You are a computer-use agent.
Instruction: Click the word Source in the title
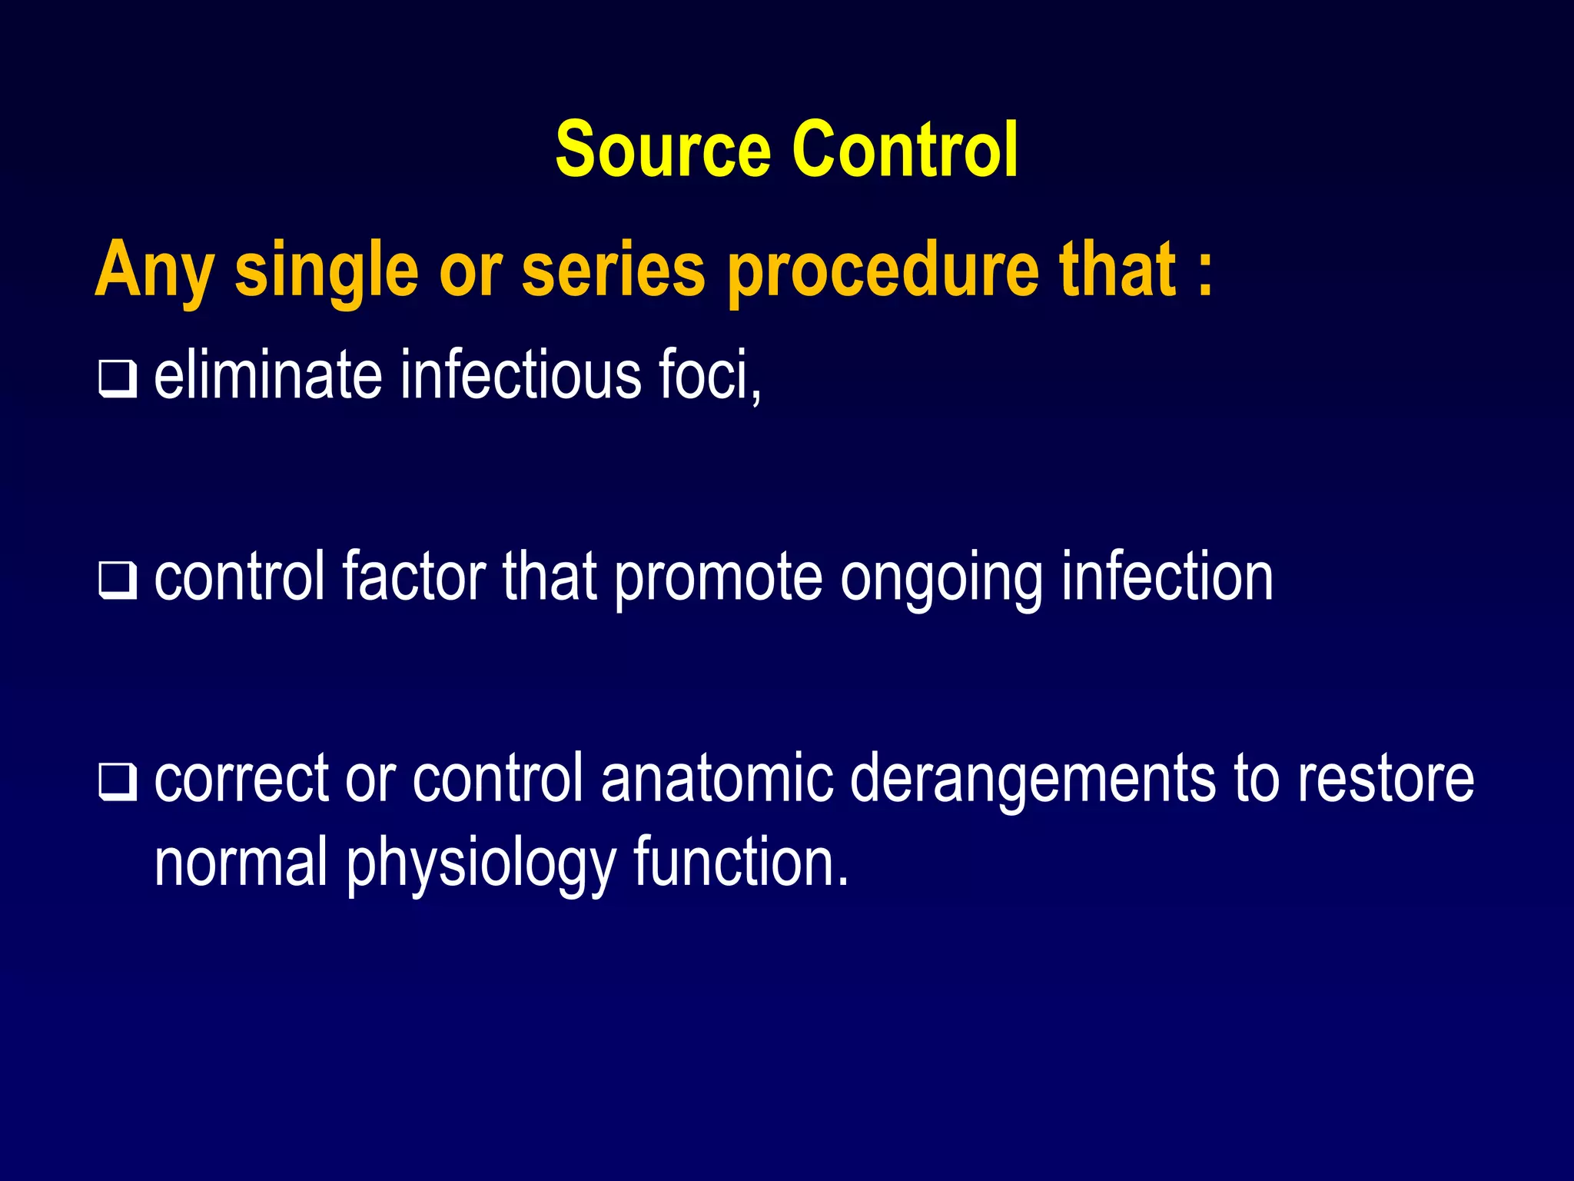coord(662,149)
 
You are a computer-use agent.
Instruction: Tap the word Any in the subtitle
coord(153,271)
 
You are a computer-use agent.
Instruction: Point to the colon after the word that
coord(1205,271)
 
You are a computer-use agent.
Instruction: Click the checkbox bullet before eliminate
coord(118,378)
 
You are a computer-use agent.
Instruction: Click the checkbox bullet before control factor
coord(118,581)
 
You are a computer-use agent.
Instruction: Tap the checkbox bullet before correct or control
coord(118,782)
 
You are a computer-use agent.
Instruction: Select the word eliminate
coord(268,375)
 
